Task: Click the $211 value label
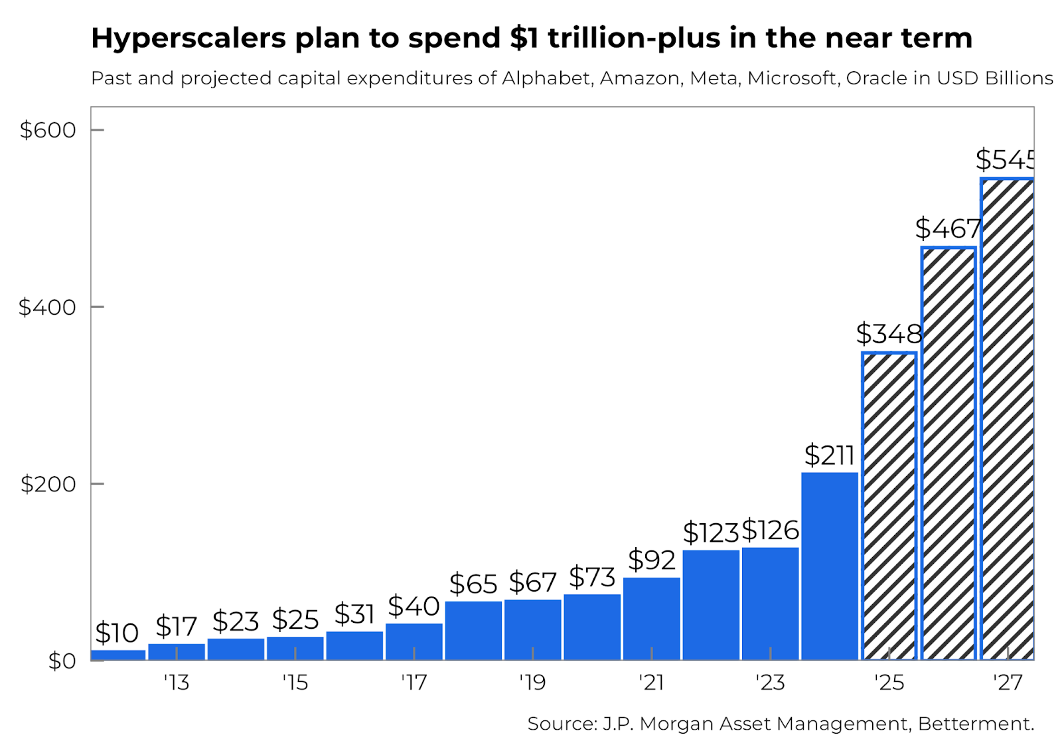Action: click(829, 455)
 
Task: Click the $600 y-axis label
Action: click(48, 129)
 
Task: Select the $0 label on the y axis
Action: click(62, 661)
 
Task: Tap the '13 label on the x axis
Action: click(177, 682)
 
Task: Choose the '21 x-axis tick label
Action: click(651, 682)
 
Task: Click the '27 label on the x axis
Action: click(1008, 682)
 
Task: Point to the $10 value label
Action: click(117, 633)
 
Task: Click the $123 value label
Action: click(711, 533)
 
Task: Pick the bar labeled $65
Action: click(473, 631)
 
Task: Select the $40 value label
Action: click(414, 606)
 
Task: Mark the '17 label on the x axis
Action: click(414, 682)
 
